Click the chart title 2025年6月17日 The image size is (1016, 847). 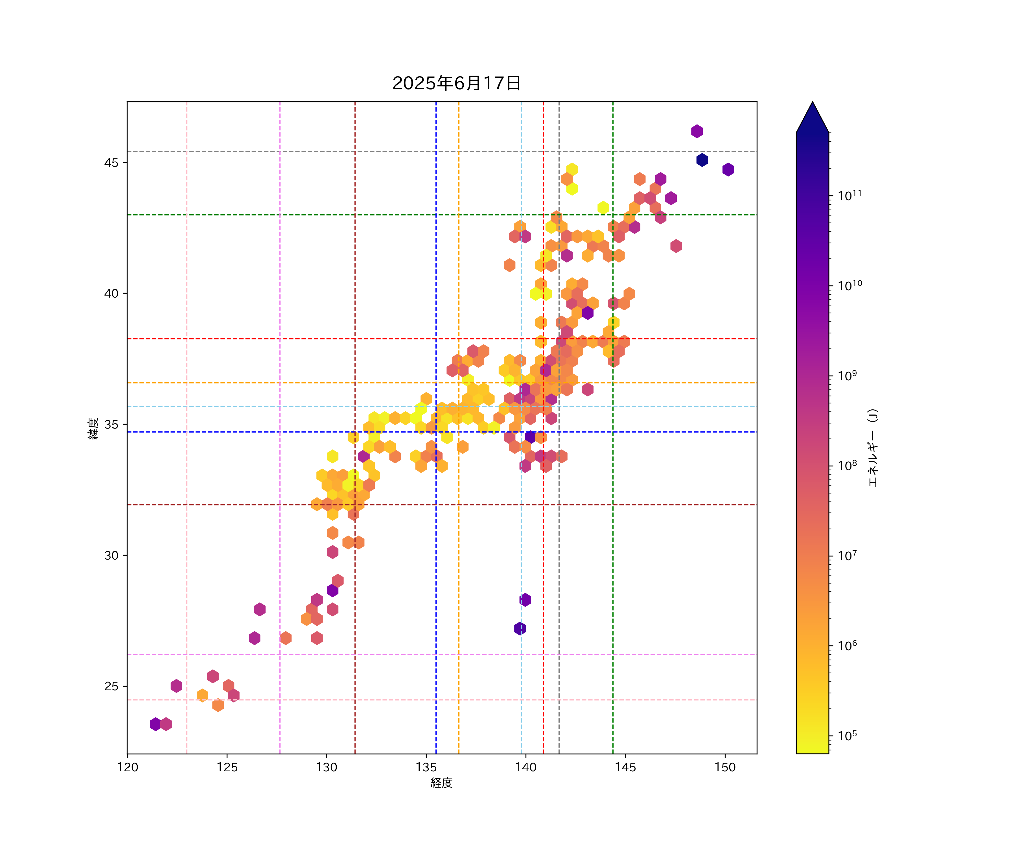click(456, 83)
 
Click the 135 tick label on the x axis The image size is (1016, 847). click(426, 767)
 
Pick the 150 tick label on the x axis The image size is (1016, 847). click(725, 767)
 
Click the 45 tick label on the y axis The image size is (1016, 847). click(111, 163)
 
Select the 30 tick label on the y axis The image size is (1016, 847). click(111, 555)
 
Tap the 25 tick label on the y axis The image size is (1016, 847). click(111, 686)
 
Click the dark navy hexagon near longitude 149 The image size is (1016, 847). click(702, 160)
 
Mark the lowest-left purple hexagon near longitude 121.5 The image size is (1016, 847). click(155, 724)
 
